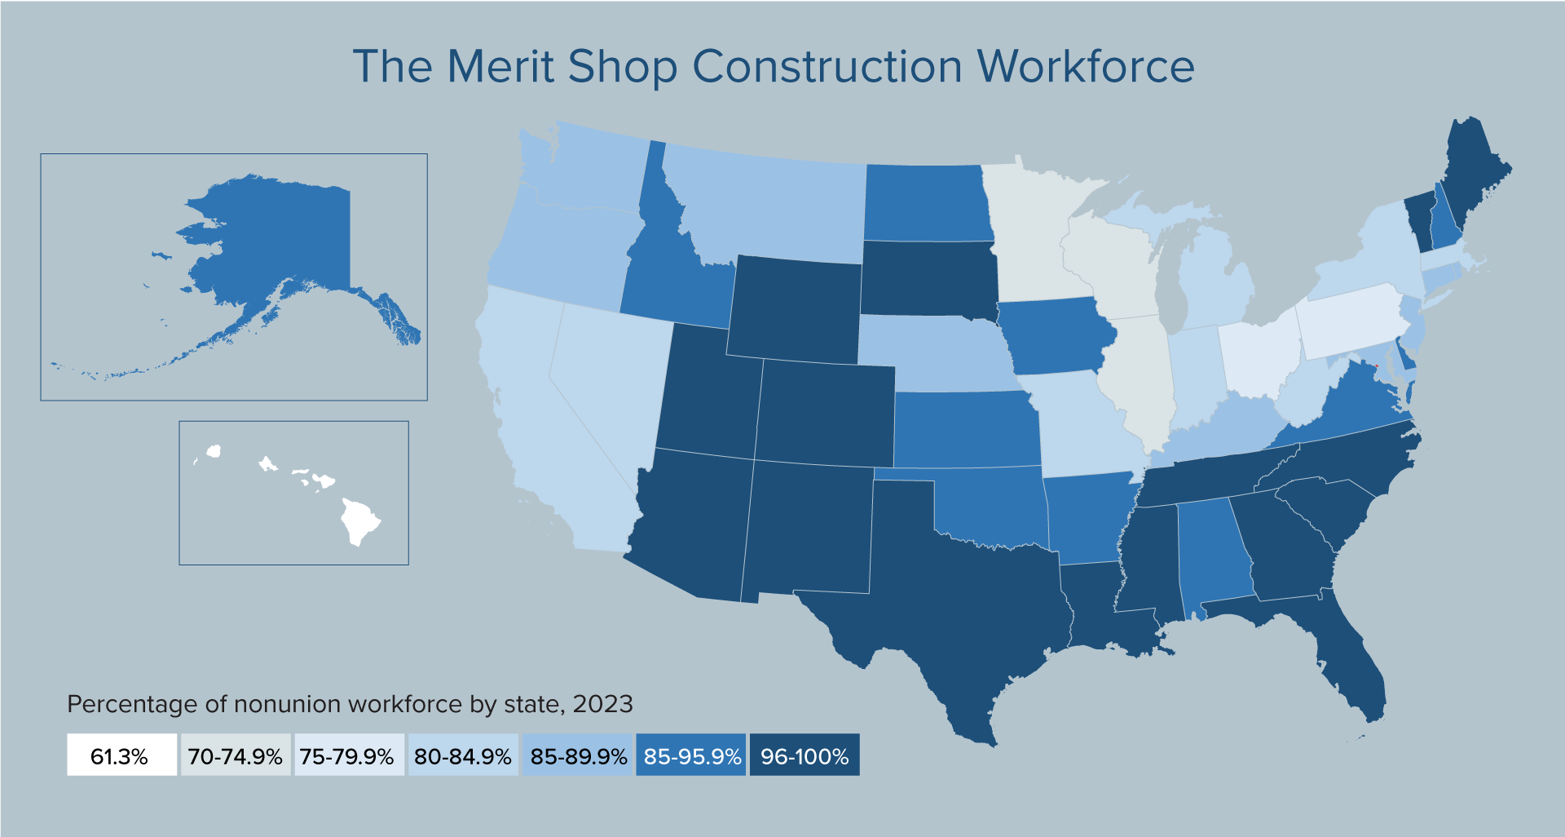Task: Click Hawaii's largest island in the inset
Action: pyautogui.click(x=359, y=522)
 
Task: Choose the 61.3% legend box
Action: pyautogui.click(x=121, y=755)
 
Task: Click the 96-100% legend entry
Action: pyautogui.click(x=805, y=755)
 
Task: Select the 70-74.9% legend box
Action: pyautogui.click(x=235, y=755)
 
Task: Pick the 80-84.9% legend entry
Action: pyautogui.click(x=462, y=755)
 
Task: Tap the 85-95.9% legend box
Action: pyautogui.click(x=691, y=755)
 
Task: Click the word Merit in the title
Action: pyautogui.click(x=500, y=67)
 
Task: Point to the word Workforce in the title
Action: pyautogui.click(x=1085, y=67)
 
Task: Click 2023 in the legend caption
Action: pyautogui.click(x=602, y=704)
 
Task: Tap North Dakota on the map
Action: pyautogui.click(x=927, y=204)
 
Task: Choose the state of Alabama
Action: pyautogui.click(x=1215, y=555)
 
